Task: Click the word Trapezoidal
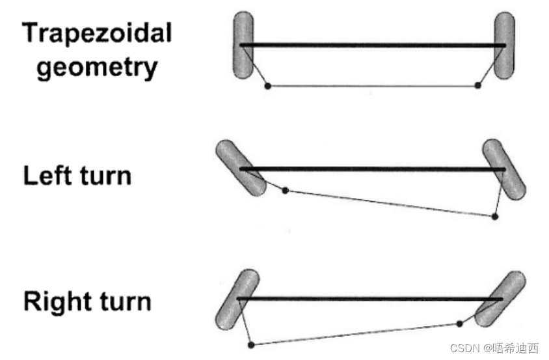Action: (x=97, y=33)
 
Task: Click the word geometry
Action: (x=97, y=66)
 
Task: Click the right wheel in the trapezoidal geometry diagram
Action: (x=504, y=46)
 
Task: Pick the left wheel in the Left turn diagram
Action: (x=240, y=167)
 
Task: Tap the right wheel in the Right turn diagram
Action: (x=501, y=299)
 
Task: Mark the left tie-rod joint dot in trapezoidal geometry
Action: (x=267, y=85)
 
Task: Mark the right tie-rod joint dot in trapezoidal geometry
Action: (x=478, y=85)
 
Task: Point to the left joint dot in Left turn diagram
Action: (x=285, y=190)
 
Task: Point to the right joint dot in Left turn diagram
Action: (x=494, y=216)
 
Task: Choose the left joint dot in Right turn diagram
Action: (x=252, y=344)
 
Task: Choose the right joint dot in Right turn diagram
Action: (x=460, y=323)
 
